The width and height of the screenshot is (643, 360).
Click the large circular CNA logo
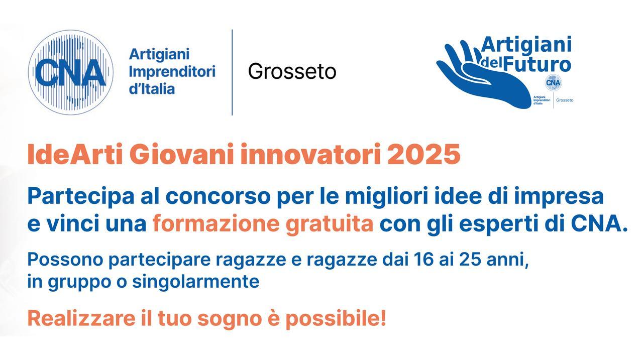click(x=70, y=72)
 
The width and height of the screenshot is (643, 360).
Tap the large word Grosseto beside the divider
click(x=292, y=71)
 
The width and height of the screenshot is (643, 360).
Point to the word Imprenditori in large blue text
click(x=172, y=71)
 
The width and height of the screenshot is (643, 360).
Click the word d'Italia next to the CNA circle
click(x=152, y=89)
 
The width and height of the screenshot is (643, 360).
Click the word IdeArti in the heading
click(x=75, y=155)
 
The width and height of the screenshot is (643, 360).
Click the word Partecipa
click(x=78, y=196)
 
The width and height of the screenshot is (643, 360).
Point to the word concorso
click(x=218, y=196)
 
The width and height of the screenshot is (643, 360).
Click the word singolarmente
click(x=195, y=282)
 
